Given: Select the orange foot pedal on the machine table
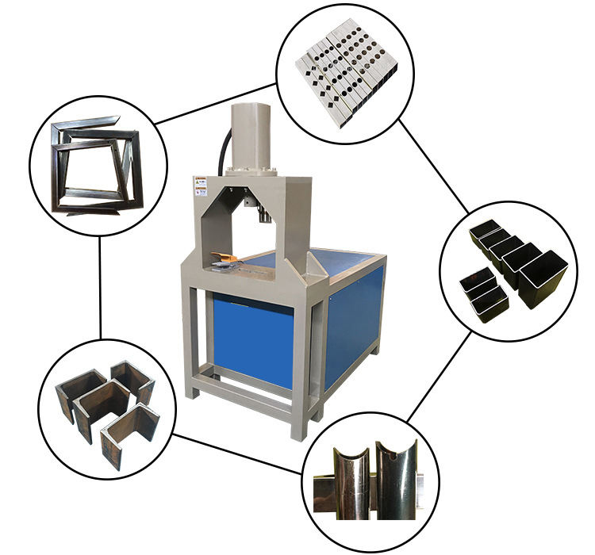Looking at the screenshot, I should pyautogui.click(x=227, y=258).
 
